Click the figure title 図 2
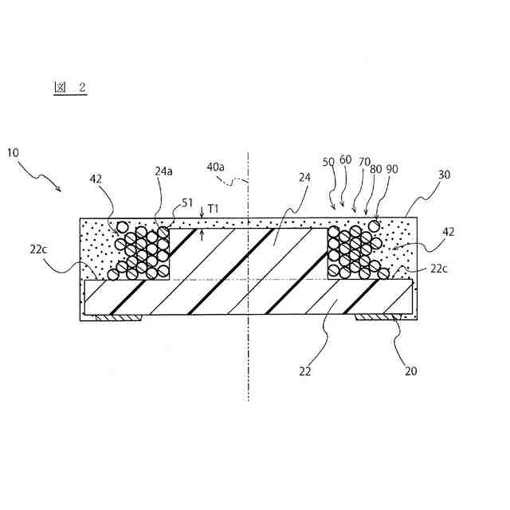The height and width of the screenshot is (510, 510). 70,88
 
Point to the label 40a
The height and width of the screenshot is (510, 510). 215,167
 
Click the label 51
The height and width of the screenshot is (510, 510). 186,203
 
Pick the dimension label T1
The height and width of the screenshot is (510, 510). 213,210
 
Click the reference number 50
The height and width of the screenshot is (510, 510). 328,162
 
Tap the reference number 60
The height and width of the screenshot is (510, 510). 345,159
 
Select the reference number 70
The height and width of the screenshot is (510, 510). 364,162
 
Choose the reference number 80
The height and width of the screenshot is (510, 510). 376,170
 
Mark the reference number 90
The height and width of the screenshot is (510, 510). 391,170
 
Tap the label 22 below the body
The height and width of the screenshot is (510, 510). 304,371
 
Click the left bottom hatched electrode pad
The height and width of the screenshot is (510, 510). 118,317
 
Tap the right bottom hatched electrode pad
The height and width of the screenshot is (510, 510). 376,317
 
